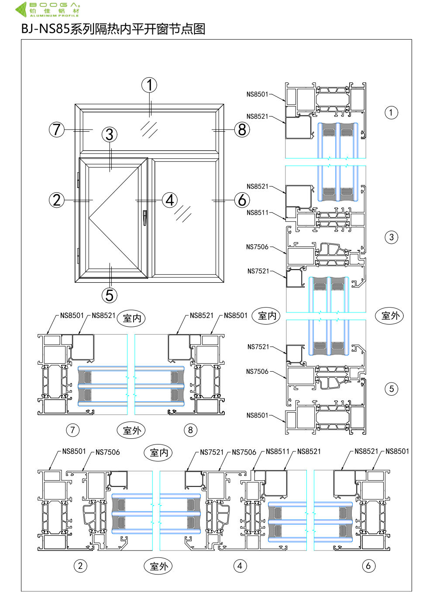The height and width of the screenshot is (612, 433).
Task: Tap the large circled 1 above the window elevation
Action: pos(149,85)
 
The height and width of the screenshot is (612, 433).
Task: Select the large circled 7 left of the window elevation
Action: pos(57,130)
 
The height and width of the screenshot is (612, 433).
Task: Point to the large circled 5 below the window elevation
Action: pos(110,295)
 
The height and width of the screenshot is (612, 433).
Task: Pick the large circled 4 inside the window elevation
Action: pos(170,200)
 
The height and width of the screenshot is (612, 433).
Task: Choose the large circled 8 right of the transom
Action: pos(242,130)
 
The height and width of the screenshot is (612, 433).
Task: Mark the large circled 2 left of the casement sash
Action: pos(57,200)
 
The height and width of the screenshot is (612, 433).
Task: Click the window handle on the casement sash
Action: pos(144,217)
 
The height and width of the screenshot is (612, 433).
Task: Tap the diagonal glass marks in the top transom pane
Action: pos(149,129)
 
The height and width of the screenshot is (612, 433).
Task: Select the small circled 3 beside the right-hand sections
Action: pos(392,237)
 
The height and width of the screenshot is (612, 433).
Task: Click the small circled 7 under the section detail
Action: pos(73,430)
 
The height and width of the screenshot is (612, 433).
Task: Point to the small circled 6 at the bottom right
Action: pos(369,566)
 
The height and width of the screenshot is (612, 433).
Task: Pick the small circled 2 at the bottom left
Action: pos(80,566)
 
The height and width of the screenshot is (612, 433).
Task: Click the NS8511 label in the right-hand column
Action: pos(258,213)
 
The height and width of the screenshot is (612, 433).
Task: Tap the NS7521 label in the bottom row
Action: pos(212,452)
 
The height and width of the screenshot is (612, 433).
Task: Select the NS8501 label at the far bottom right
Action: pos(397,451)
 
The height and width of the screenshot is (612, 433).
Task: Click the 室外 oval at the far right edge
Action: pos(390,315)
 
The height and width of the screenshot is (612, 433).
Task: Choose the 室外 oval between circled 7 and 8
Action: pos(131,431)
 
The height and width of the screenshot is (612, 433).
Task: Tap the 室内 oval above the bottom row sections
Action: pos(158,453)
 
